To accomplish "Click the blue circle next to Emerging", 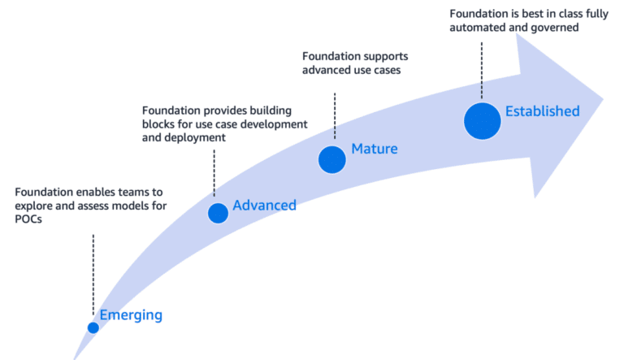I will point(93,327).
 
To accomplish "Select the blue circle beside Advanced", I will point(218,213).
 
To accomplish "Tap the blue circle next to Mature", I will point(331,159).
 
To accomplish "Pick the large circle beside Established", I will point(483,120).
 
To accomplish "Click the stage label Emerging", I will point(131,315).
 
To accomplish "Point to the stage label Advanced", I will point(264,205).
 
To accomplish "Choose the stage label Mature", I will point(374,149).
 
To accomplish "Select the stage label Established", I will point(542,111).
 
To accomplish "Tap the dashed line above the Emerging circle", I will point(93,272).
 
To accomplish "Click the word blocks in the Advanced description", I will point(159,124).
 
